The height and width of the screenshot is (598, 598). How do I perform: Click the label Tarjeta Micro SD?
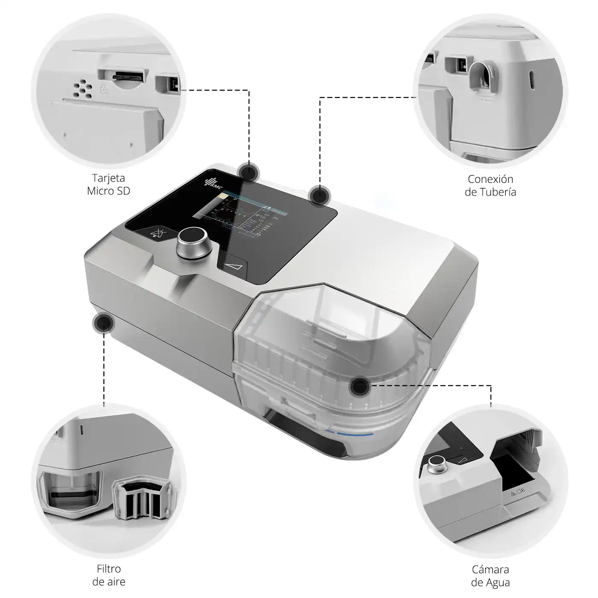click(x=108, y=184)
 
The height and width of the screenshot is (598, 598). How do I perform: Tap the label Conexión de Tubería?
click(x=490, y=185)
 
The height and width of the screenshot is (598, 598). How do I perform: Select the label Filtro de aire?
click(x=108, y=575)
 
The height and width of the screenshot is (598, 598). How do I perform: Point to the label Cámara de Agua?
click(x=490, y=576)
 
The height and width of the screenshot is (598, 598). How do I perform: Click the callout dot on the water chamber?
click(x=359, y=386)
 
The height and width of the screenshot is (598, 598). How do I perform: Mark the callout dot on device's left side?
click(x=103, y=323)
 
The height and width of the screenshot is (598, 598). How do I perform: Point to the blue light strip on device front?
click(x=355, y=434)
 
